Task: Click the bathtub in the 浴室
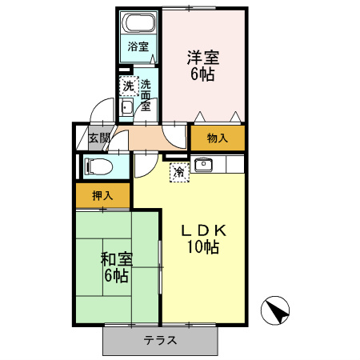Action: [140, 22]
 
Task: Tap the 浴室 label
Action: [138, 46]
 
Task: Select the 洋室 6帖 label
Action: [203, 66]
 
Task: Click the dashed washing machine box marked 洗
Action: [129, 86]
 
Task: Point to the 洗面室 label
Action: [146, 95]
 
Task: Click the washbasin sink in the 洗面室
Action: [126, 107]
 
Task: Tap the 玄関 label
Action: [99, 138]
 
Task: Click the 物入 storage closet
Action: [218, 138]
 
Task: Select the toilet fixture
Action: [98, 167]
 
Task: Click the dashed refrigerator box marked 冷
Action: [179, 172]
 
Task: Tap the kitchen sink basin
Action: [203, 164]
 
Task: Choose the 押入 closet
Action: [102, 195]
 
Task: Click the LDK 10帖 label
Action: [203, 239]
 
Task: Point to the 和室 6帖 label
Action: [117, 267]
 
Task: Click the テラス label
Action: [160, 340]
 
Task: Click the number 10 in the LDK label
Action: [194, 246]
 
